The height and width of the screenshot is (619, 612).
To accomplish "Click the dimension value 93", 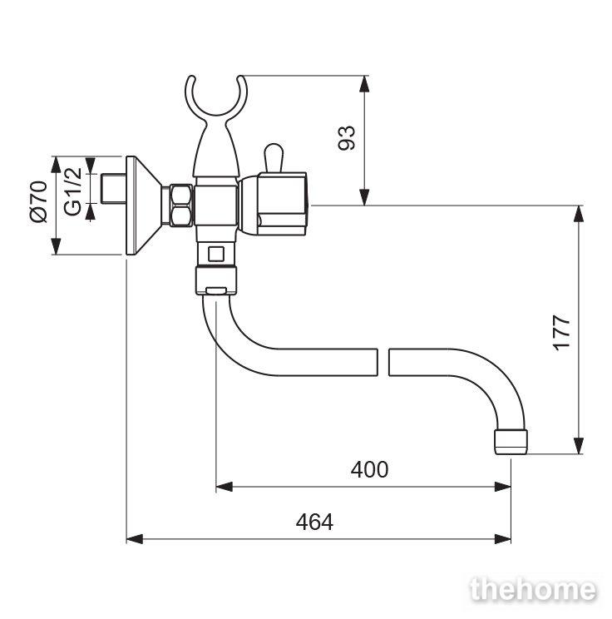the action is click(347, 138).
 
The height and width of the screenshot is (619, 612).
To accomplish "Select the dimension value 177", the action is click(561, 332).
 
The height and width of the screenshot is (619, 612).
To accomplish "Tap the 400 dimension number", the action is click(369, 469).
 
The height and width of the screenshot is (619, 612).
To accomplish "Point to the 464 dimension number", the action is click(314, 522).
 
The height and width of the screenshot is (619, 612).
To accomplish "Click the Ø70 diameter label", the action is click(39, 201).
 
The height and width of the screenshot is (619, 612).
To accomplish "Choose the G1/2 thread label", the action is click(72, 191).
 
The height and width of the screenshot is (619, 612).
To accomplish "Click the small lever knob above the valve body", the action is click(273, 157).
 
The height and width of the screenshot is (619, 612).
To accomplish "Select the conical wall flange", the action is click(143, 206).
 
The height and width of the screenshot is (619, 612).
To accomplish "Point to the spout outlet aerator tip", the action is click(511, 442).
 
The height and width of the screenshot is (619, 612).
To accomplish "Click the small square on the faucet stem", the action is click(216, 254).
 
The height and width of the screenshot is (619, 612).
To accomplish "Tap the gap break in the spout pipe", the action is click(383, 362).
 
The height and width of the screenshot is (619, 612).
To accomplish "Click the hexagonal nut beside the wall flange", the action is click(180, 206).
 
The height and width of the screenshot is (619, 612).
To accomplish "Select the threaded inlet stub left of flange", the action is click(113, 189).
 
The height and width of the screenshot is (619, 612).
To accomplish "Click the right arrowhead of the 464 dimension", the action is click(503, 539).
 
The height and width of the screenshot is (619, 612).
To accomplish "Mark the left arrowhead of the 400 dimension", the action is click(225, 487).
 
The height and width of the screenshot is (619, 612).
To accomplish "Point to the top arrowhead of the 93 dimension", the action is click(364, 84).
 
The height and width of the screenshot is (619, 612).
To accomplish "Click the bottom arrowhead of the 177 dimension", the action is click(579, 446).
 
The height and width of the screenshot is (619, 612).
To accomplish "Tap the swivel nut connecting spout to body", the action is click(216, 280).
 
